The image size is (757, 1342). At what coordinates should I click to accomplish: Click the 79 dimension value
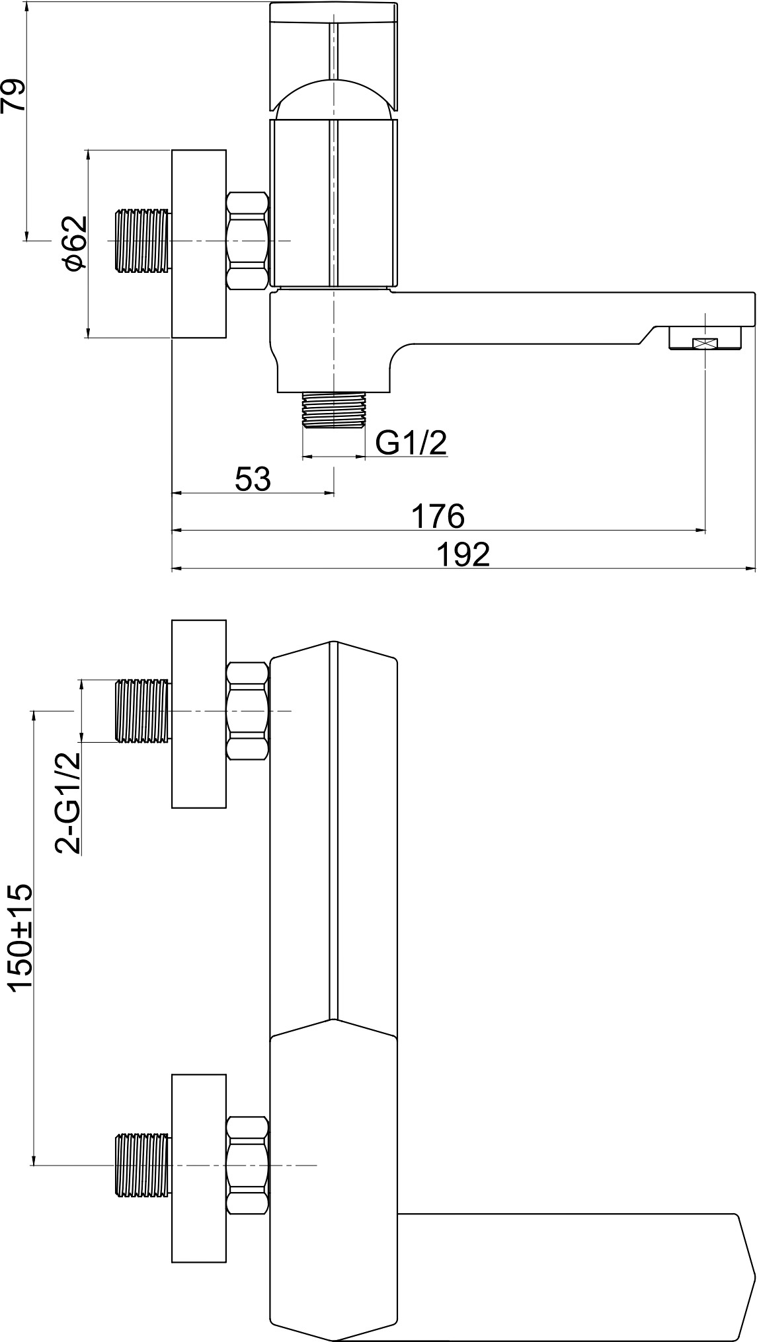click(x=14, y=96)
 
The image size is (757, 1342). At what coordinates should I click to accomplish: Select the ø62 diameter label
click(x=75, y=243)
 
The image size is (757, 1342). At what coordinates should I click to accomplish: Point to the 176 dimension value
click(x=438, y=515)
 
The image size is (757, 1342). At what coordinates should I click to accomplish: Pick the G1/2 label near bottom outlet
click(x=411, y=443)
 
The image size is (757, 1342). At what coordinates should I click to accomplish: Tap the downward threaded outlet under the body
click(x=333, y=411)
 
